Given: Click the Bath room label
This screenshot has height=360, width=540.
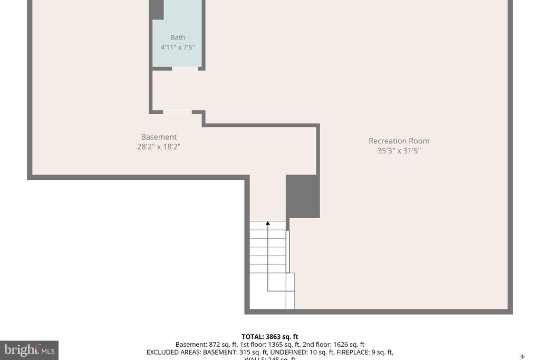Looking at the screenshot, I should (178, 37).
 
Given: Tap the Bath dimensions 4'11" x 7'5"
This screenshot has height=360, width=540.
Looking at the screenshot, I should (178, 47).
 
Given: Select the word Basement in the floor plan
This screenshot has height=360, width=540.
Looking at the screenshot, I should (159, 137).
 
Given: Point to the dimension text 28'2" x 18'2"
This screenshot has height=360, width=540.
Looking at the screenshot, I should (159, 147).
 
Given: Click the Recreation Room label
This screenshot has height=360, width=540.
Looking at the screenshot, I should (399, 141).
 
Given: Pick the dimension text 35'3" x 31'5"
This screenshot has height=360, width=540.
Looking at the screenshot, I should (399, 151).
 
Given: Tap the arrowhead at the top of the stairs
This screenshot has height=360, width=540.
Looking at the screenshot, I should (268, 223).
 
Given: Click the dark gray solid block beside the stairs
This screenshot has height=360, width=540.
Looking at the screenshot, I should (303, 196).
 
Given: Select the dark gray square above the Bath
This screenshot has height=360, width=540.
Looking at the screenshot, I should (156, 9).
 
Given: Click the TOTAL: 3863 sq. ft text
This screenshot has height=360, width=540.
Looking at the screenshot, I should (270, 337).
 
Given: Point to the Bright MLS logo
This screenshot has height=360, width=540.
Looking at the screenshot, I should (29, 350).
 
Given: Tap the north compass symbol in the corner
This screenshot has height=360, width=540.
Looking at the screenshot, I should (522, 357).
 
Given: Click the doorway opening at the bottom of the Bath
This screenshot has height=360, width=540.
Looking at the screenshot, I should (185, 69).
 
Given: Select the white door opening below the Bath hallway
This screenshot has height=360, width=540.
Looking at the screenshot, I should (177, 112).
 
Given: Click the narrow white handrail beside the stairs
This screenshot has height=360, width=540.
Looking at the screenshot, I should (288, 251).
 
